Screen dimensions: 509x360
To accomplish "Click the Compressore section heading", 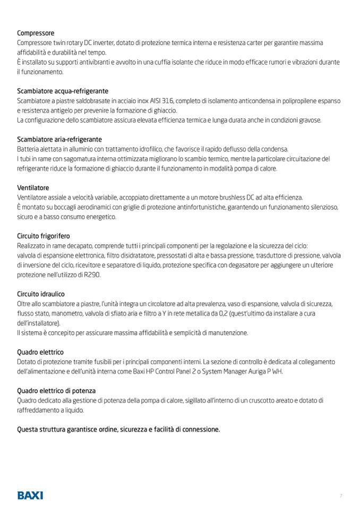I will pyautogui.click(x=36, y=33).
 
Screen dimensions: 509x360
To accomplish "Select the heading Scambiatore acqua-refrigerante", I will pyautogui.click(x=63, y=91).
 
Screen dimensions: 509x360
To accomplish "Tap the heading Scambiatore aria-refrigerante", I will pyautogui.click(x=59, y=139).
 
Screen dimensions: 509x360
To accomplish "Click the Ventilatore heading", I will pyautogui.click(x=33, y=188).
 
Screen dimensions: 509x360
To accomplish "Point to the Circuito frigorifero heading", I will pyautogui.click(x=44, y=236).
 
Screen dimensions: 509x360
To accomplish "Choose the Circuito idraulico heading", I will pyautogui.click(x=41, y=294).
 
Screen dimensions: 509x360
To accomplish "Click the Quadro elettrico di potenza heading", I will pyautogui.click(x=56, y=391).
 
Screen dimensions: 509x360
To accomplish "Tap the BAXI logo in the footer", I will pyautogui.click(x=30, y=495).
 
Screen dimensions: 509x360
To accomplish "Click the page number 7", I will pyautogui.click(x=341, y=496).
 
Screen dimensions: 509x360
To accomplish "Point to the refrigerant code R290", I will pyautogui.click(x=91, y=274).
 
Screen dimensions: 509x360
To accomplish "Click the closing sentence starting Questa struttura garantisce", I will pyautogui.click(x=118, y=429).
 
